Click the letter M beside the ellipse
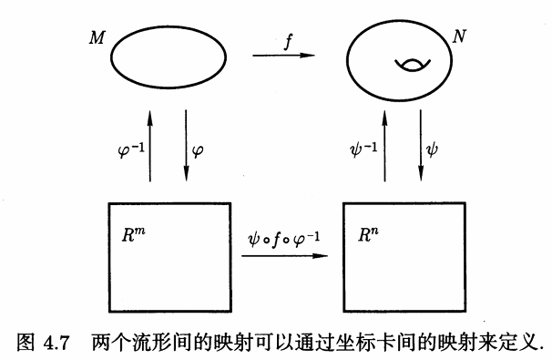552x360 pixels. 97,37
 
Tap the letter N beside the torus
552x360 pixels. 459,36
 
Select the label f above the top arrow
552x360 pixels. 289,42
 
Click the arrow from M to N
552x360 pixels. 283,56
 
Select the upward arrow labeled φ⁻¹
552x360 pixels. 150,146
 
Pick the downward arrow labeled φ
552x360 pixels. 186,146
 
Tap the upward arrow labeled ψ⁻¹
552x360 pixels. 384,146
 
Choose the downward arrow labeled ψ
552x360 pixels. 421,146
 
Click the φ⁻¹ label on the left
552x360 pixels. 131,150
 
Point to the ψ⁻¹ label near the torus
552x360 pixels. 363,149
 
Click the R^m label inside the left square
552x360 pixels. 133,235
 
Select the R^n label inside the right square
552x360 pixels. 368,235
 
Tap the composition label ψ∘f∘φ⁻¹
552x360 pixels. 284,240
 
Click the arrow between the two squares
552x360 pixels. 284,256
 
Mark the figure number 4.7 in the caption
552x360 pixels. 56,343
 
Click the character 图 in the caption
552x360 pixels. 26,343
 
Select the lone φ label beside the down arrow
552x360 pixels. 198,152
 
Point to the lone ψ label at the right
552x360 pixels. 432,149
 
